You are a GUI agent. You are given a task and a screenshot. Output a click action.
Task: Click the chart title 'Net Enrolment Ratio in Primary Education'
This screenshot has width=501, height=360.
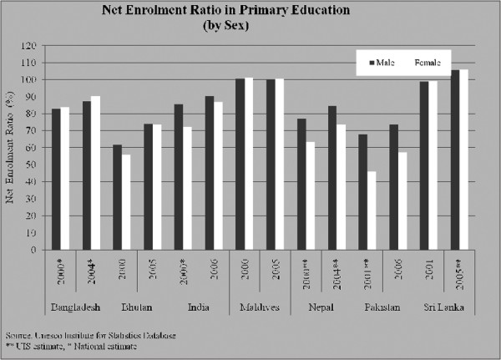250,11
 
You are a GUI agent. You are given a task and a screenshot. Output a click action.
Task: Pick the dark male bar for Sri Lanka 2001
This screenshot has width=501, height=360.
423,165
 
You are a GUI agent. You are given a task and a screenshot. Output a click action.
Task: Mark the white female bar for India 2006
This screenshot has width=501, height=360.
218,175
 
